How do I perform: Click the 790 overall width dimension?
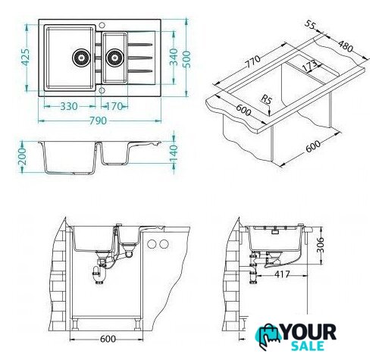(x=98, y=121)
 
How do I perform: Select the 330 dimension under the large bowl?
(x=69, y=106)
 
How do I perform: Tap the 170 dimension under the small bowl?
(x=114, y=106)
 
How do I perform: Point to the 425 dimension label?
(x=25, y=58)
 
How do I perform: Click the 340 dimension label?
(x=174, y=57)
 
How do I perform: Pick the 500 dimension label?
(x=186, y=59)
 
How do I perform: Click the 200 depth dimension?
(x=22, y=157)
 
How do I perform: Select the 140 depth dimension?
(x=174, y=153)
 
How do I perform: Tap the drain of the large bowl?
(x=81, y=58)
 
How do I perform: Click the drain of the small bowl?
(x=114, y=58)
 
